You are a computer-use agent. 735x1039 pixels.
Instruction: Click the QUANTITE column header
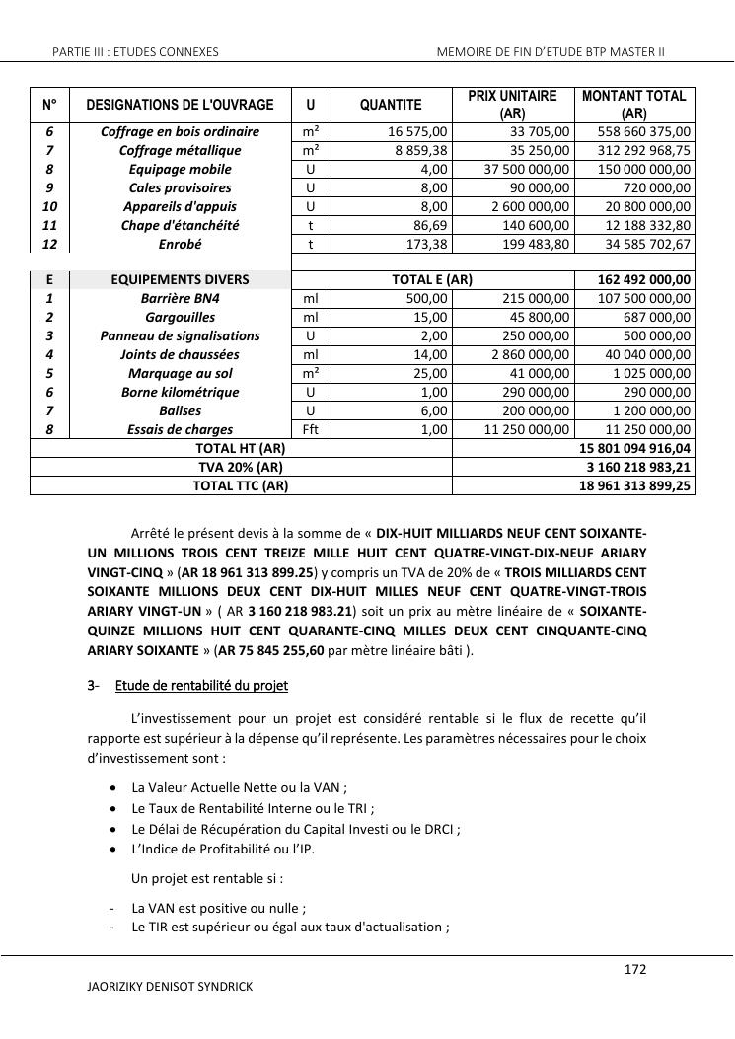click(x=391, y=105)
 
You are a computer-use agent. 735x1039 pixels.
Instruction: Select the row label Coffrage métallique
click(x=180, y=150)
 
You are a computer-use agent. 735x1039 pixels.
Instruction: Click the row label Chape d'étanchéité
click(x=180, y=225)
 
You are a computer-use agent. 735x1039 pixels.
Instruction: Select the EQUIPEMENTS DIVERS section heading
click(x=180, y=280)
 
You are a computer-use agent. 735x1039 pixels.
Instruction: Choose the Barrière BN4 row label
click(x=180, y=298)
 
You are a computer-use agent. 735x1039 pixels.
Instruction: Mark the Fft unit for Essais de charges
click(x=311, y=429)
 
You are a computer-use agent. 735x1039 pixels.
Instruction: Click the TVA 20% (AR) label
click(x=241, y=467)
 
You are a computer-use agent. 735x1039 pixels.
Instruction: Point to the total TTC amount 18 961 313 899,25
click(x=635, y=485)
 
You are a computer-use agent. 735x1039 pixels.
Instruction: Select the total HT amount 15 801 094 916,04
click(x=635, y=448)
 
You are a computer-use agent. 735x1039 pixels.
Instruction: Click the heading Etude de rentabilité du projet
click(x=201, y=685)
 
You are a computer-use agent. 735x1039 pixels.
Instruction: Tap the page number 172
click(x=635, y=970)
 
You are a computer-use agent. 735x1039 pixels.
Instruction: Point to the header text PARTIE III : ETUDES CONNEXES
click(x=135, y=51)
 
